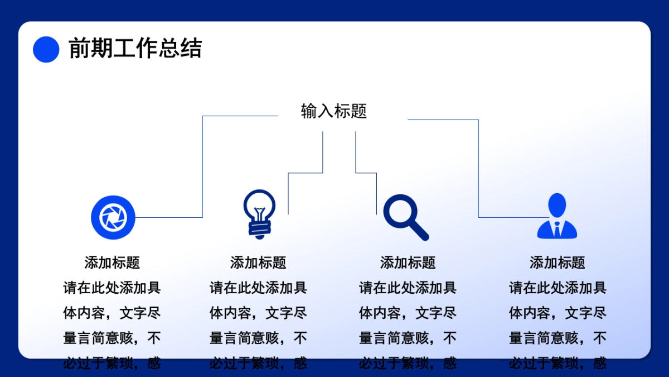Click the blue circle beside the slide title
point(46,49)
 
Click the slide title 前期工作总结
point(135,49)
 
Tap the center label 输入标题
point(334,111)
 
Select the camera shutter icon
point(113,217)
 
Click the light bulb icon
point(259,214)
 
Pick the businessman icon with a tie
point(557,217)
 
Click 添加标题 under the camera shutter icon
point(112,263)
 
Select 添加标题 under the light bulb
point(258,263)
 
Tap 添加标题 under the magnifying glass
point(408,263)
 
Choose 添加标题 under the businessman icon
point(557,263)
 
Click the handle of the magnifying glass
point(420,231)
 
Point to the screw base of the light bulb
point(259,228)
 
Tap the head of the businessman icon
point(557,205)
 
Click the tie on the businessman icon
point(557,228)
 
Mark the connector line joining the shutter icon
point(202,168)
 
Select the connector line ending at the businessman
point(478,168)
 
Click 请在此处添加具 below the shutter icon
point(112,288)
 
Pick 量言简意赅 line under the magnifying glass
point(408,338)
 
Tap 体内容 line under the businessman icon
point(557,313)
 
